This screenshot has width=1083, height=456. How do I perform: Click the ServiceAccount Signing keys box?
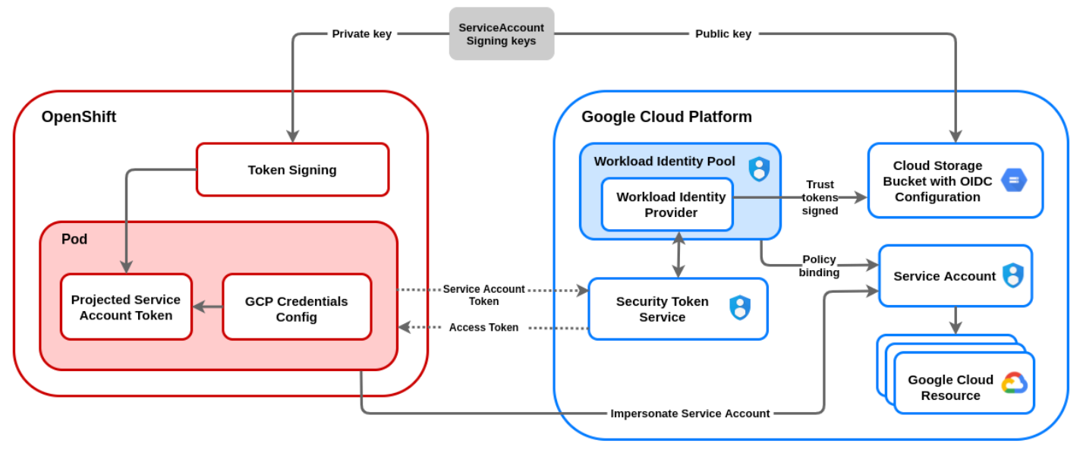click(501, 34)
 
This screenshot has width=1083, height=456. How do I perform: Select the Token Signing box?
click(292, 170)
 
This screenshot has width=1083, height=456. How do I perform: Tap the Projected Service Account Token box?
click(126, 307)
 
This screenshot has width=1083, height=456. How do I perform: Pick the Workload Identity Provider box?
click(667, 205)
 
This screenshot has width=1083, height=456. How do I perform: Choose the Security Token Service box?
click(663, 309)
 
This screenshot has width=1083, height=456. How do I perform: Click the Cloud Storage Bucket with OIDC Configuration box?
click(937, 181)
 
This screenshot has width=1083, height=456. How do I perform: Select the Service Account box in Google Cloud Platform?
click(944, 276)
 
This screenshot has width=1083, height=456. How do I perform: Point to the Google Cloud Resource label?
click(950, 387)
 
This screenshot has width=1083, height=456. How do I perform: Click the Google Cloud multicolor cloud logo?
click(1014, 383)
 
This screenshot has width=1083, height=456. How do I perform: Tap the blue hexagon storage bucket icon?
click(1013, 181)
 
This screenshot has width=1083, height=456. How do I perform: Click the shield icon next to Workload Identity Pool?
click(759, 168)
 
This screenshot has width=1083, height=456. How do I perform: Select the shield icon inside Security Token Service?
click(740, 307)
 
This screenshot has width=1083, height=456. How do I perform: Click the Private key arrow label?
click(362, 33)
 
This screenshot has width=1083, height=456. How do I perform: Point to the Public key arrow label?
click(723, 33)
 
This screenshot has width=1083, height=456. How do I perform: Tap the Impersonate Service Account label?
click(690, 414)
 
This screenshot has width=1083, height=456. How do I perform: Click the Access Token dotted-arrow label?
click(483, 327)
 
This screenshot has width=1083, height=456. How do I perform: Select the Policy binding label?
click(819, 266)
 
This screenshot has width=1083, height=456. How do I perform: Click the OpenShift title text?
click(79, 117)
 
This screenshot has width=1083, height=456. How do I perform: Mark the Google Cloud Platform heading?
click(666, 117)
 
